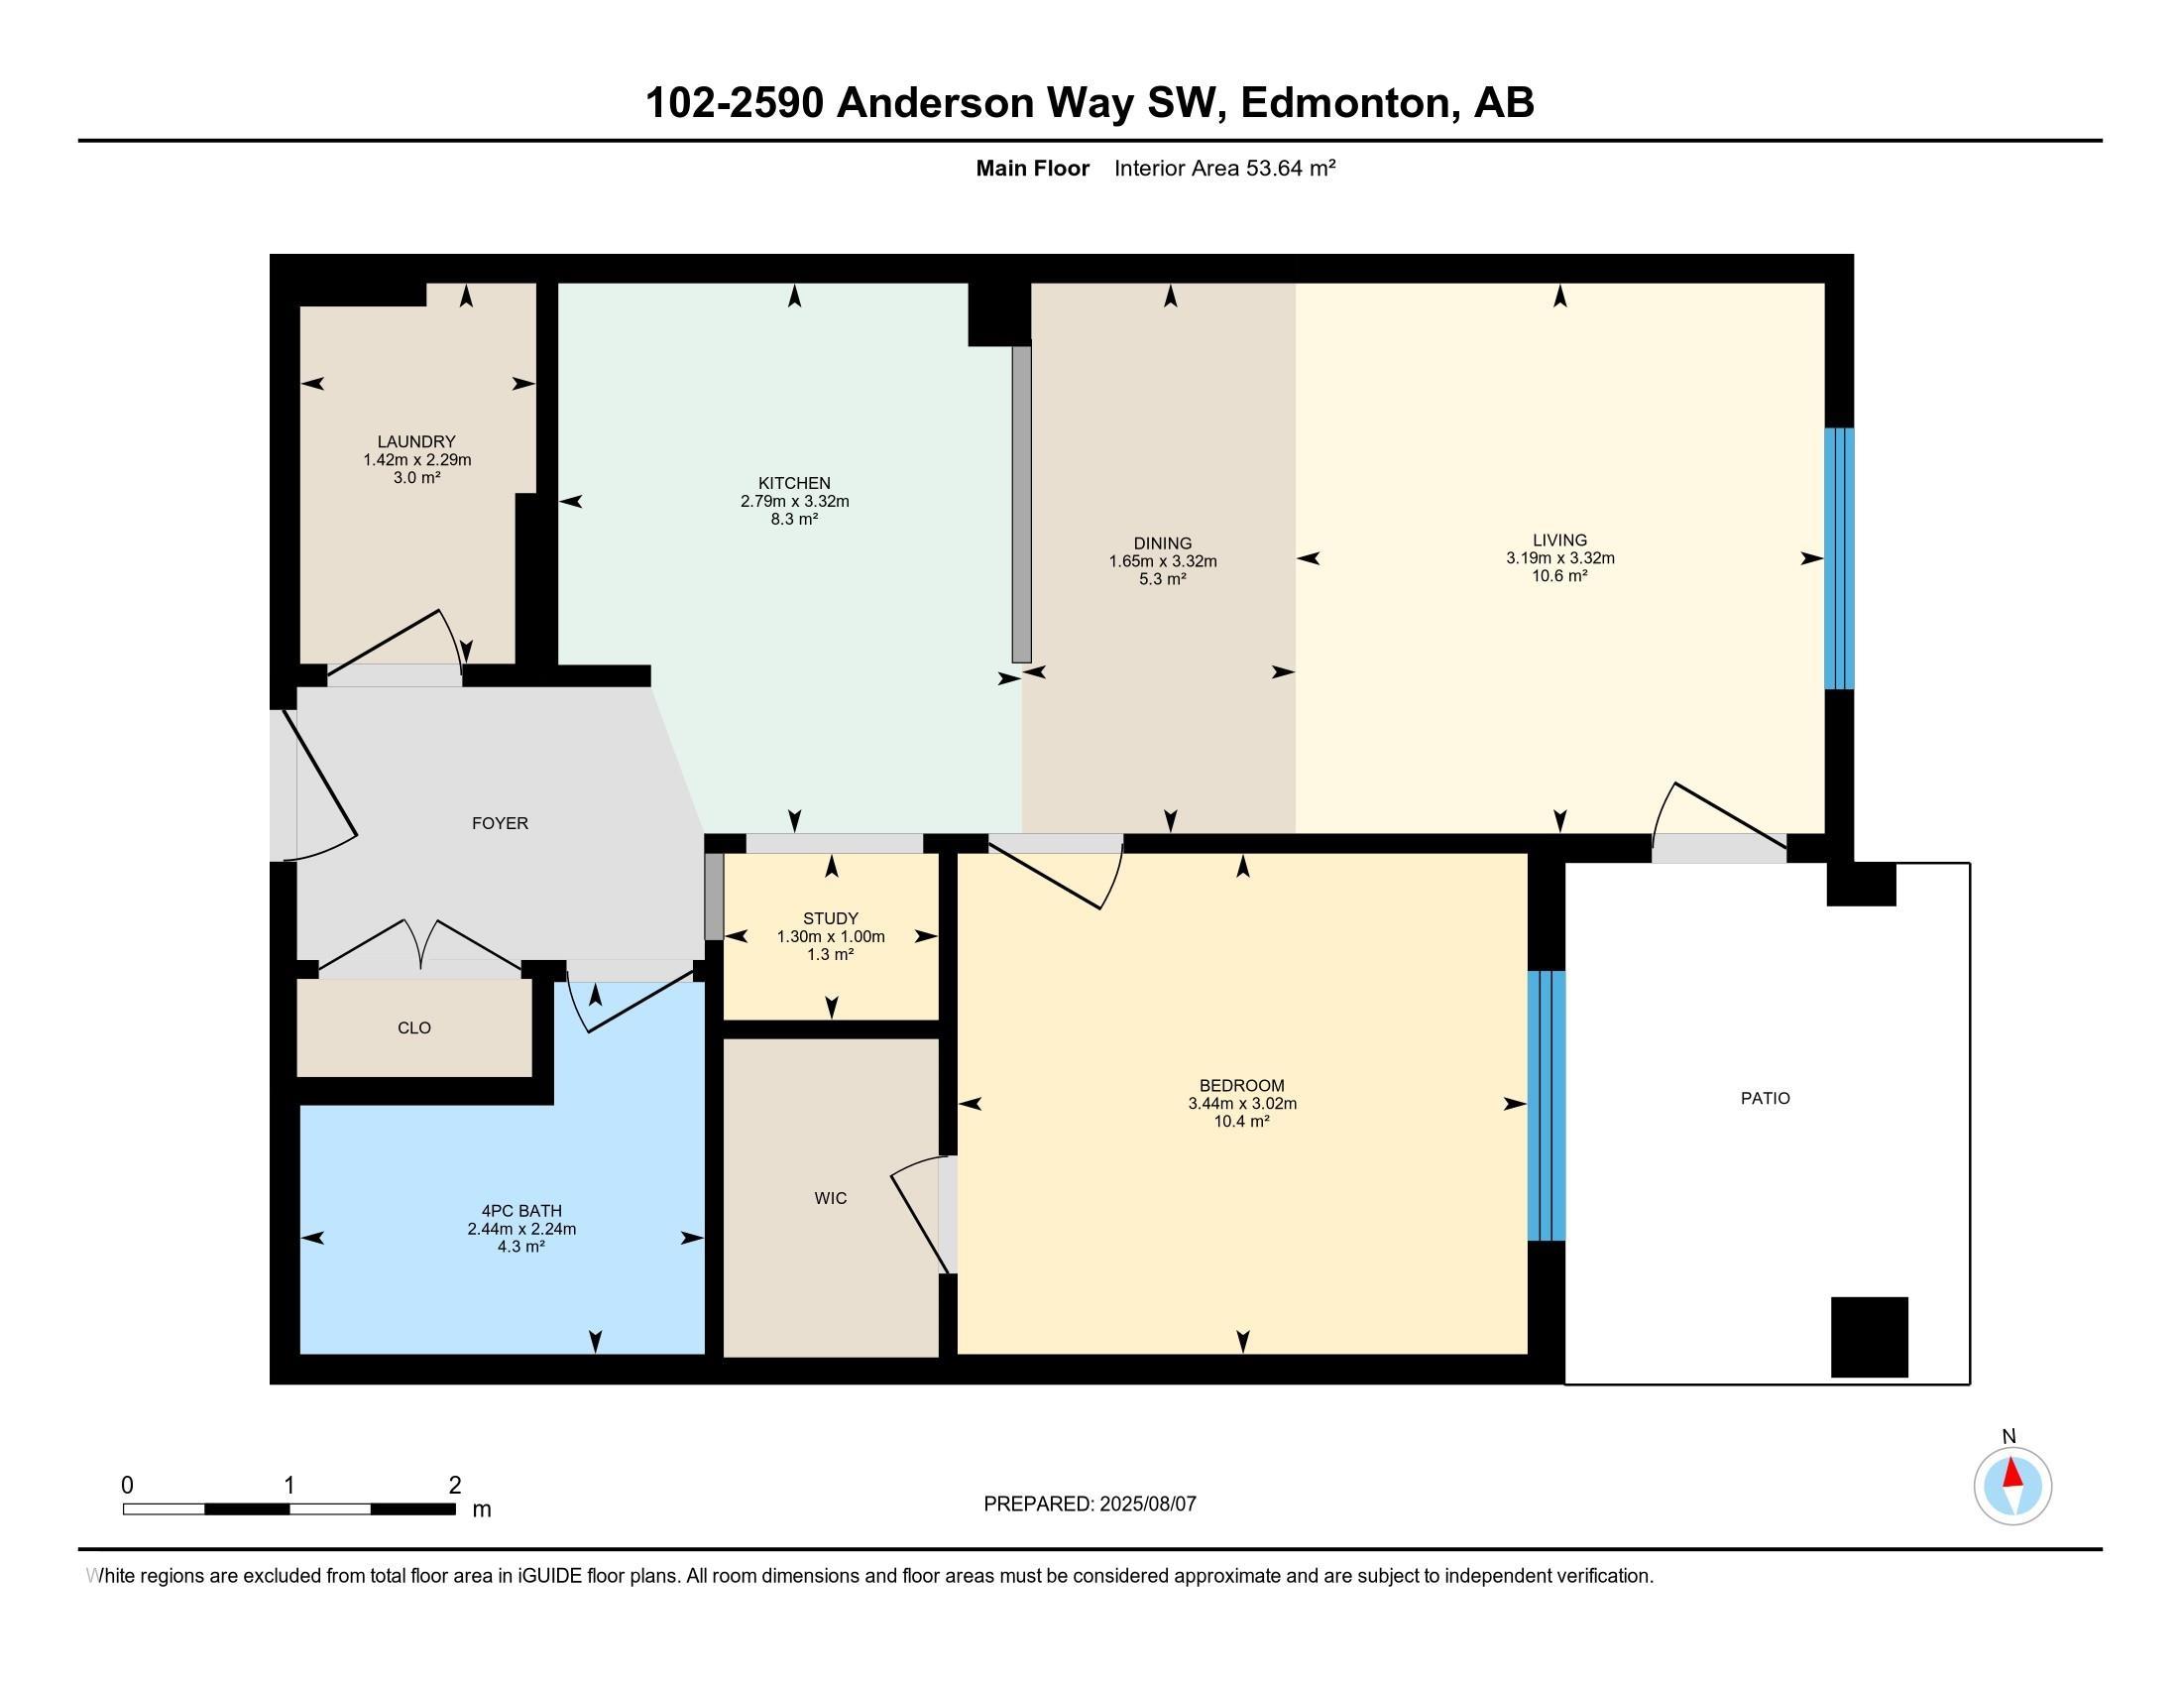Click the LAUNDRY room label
pyautogui.click(x=416, y=441)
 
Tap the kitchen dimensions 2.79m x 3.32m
pyautogui.click(x=794, y=502)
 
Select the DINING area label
pyautogui.click(x=1163, y=543)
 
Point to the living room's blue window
pyautogui.click(x=1838, y=558)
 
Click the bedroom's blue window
pyautogui.click(x=1546, y=1105)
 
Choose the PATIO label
pyautogui.click(x=1765, y=1098)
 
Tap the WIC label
pyautogui.click(x=830, y=1198)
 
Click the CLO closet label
pyautogui.click(x=414, y=1027)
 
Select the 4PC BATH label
pyautogui.click(x=521, y=1211)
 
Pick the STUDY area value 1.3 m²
pyautogui.click(x=830, y=955)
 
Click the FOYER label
pyautogui.click(x=500, y=823)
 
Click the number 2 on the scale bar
pyautogui.click(x=454, y=1486)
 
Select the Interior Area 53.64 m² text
pyautogui.click(x=1224, y=168)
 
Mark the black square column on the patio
pyautogui.click(x=1869, y=1338)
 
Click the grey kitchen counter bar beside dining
pyautogui.click(x=1020, y=505)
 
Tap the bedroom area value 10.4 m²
pyautogui.click(x=1241, y=1122)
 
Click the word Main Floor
pyautogui.click(x=1032, y=168)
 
